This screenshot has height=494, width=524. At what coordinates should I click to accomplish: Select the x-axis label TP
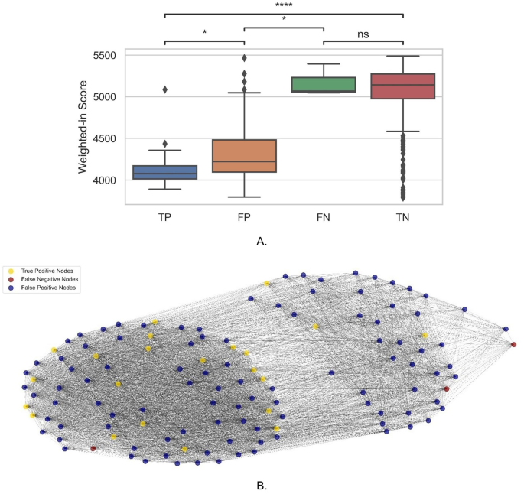click(164, 218)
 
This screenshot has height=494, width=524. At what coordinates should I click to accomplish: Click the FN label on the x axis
click(324, 218)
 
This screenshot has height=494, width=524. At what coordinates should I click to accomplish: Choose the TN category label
click(402, 218)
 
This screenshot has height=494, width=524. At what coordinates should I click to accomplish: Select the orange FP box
click(244, 156)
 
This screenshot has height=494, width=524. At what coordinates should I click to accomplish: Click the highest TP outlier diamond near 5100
click(164, 89)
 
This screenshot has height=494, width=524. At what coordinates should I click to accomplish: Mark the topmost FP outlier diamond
click(244, 58)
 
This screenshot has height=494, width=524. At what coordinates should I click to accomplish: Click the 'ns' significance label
click(363, 35)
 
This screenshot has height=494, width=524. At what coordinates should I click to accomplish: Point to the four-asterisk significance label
click(284, 6)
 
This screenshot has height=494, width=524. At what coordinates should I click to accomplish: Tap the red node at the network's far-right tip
click(513, 345)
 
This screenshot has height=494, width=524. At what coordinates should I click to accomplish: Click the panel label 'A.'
click(262, 242)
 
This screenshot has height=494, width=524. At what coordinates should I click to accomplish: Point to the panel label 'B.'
click(262, 484)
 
